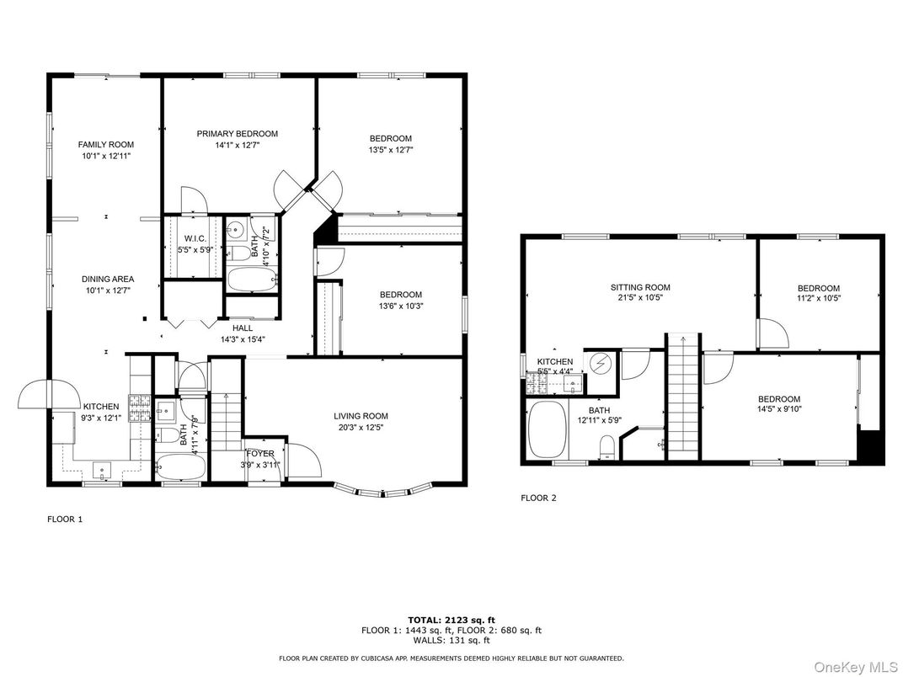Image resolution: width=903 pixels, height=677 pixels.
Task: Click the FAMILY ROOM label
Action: pos(106,145)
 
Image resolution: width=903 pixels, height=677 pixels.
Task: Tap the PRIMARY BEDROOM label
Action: pos(237,134)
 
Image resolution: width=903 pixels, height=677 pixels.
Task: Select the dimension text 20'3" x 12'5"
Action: pos(361,428)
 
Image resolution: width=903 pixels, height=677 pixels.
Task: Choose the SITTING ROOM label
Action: pos(640,287)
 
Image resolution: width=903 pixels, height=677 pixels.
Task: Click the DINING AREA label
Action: pos(107,280)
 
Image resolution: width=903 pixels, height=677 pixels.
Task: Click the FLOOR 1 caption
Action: pos(64,520)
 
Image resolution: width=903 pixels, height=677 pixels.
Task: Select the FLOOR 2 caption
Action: pos(538,498)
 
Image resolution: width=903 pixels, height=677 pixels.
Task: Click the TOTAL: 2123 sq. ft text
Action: pos(451,619)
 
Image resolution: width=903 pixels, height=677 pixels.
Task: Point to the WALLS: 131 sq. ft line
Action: pos(451,640)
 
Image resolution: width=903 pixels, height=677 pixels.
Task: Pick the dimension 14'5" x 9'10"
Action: pos(778,411)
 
